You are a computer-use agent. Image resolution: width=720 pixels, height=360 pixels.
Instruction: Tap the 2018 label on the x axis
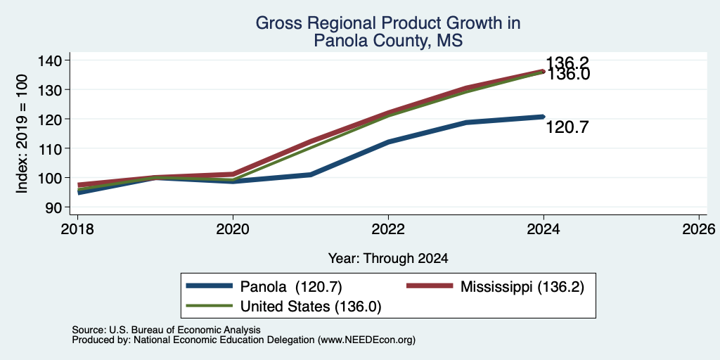[x=77, y=229]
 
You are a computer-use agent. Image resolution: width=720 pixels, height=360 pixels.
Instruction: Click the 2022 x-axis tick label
[x=388, y=229]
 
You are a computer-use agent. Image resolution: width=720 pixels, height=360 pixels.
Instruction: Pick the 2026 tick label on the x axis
[x=699, y=229]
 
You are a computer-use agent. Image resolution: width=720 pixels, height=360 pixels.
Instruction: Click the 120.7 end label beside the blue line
[x=567, y=128]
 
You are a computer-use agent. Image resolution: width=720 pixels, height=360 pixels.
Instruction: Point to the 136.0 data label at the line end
[x=567, y=75]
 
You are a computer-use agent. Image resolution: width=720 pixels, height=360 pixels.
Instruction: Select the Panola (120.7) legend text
[x=291, y=287]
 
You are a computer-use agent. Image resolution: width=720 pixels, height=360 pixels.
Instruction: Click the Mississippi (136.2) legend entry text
[x=522, y=287]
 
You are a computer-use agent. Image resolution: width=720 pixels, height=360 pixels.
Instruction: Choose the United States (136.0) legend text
[x=311, y=307]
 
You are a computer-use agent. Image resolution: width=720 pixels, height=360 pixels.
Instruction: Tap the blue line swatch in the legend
[x=210, y=286]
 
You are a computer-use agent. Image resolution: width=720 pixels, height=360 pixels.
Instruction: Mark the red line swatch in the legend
[x=430, y=286]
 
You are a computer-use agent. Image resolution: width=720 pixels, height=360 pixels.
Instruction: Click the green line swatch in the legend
[x=210, y=306]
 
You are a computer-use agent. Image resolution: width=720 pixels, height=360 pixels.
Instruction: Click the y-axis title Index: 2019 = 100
[x=22, y=134]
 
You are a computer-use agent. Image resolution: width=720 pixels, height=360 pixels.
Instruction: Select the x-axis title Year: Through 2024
[x=388, y=259]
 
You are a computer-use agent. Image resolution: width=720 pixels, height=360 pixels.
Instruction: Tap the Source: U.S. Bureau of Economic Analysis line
[x=166, y=330]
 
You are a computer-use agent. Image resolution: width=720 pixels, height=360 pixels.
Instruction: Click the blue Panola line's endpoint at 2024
[x=544, y=117]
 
